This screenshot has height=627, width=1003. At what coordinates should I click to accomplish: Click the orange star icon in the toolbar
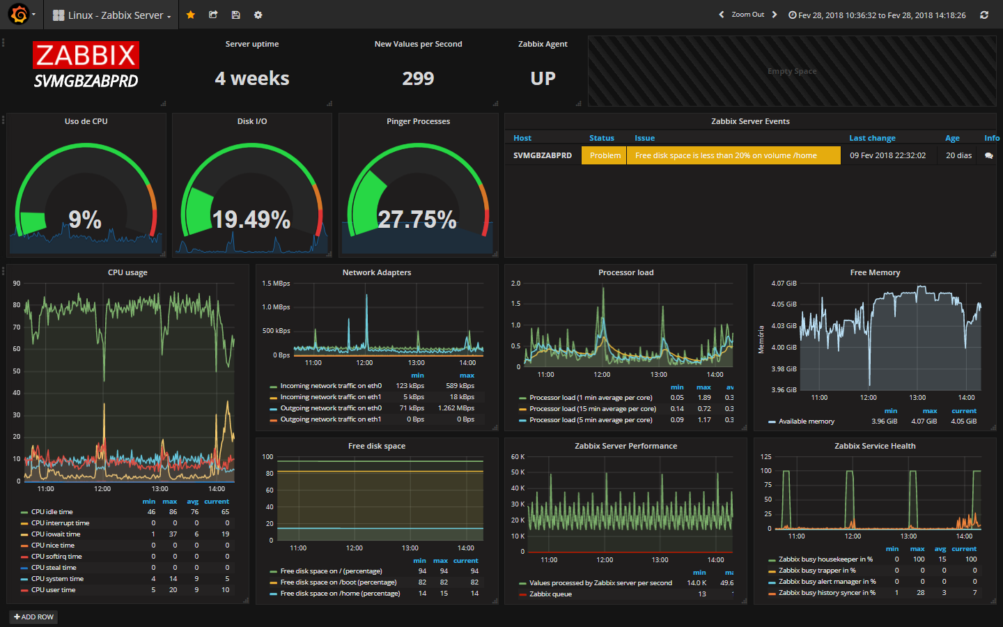pos(190,15)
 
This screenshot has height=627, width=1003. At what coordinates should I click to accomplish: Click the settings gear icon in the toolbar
pos(258,15)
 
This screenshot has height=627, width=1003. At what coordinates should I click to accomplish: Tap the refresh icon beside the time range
pos(983,15)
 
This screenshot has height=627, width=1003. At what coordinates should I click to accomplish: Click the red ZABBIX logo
pos(86,55)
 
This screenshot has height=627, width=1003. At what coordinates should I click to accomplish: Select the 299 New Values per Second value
pos(418,78)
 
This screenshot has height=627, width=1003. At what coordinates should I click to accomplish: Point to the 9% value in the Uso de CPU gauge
pos(85,219)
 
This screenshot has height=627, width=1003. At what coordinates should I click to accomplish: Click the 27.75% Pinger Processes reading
pos(417,219)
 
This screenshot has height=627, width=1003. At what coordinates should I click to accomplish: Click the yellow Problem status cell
pos(604,155)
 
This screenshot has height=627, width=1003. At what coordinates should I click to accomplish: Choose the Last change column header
pos(872,138)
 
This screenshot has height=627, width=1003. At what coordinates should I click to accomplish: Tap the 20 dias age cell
pos(958,155)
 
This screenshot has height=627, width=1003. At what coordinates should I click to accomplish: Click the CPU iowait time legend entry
pos(56,534)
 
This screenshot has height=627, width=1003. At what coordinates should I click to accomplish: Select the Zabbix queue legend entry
pos(550,594)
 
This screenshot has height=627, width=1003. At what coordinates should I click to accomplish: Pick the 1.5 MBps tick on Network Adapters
pos(276,283)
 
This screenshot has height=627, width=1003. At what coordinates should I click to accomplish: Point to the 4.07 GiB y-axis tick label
pos(784,283)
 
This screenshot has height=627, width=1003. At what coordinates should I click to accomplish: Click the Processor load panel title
pos(626,272)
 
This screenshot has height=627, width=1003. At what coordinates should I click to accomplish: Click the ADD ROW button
pos(33,617)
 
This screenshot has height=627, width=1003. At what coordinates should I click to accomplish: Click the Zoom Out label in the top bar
pos(748,15)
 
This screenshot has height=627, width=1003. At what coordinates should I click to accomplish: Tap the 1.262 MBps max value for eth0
pos(456,408)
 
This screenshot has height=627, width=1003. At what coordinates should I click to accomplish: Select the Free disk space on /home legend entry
pos(340,594)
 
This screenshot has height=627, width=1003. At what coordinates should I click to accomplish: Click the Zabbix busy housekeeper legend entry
pos(825,559)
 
